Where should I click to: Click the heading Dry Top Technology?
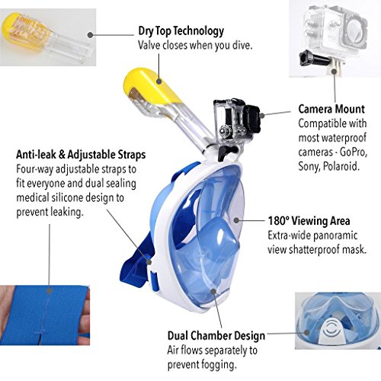(181, 31)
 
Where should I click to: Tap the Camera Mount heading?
(331, 109)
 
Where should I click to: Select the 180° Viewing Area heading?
(309, 221)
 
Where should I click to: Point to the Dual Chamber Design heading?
(216, 336)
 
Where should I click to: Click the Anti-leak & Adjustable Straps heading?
(81, 155)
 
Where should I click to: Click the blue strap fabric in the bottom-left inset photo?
(51, 315)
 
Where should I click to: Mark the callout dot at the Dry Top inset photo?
(90, 35)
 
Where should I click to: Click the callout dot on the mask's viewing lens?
(236, 220)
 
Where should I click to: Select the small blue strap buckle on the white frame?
(155, 281)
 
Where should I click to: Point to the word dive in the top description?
(242, 45)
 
